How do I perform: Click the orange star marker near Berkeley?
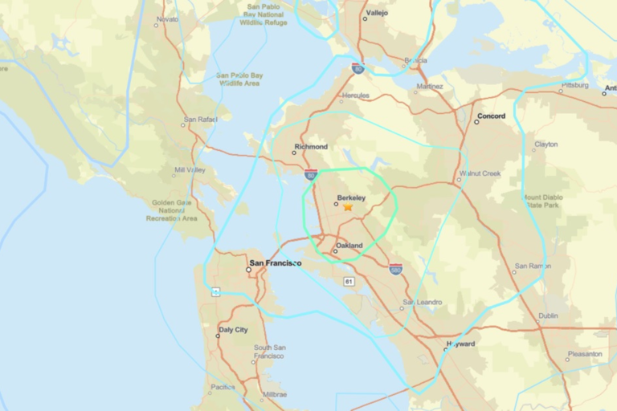coord(348,206)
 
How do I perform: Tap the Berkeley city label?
coord(352,197)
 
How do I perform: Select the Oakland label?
coord(349,246)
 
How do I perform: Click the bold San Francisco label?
coord(276,263)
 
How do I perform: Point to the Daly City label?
coord(233,330)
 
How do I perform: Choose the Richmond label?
coord(311,147)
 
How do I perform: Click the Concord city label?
coord(491,116)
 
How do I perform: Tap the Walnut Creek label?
coord(480,173)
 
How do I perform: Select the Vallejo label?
coord(377,13)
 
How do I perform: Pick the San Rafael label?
coord(201,120)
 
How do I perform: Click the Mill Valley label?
coord(190,170)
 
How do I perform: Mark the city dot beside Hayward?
coord(446,350)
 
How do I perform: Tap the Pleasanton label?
coord(584,354)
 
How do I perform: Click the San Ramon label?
coord(532,266)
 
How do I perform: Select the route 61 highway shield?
coord(349,281)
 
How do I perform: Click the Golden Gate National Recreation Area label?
coord(171,210)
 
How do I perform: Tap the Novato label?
coord(168,18)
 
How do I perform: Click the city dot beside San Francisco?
coord(248,270)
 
